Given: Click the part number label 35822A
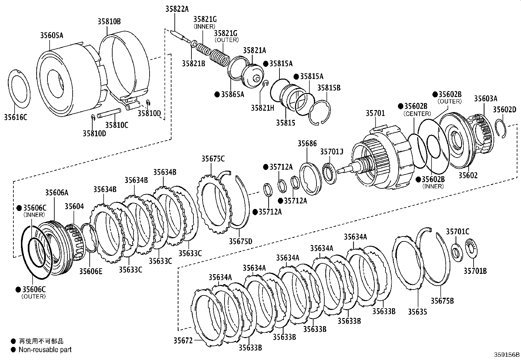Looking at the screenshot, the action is click(177, 9).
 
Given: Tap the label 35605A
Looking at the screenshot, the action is click(52, 35).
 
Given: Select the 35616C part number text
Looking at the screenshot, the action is click(16, 117).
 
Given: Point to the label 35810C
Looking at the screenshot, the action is click(117, 125).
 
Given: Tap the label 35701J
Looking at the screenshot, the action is click(332, 152).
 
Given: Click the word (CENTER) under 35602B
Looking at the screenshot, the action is click(417, 114).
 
